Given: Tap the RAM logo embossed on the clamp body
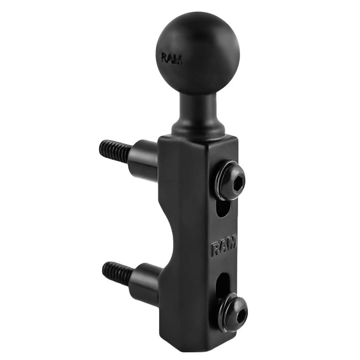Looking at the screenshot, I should coord(224,246).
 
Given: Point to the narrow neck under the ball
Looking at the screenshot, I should coord(199,108).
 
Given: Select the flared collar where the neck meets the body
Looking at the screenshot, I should coord(199,128).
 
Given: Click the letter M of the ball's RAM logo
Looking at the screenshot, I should coord(179,59).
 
